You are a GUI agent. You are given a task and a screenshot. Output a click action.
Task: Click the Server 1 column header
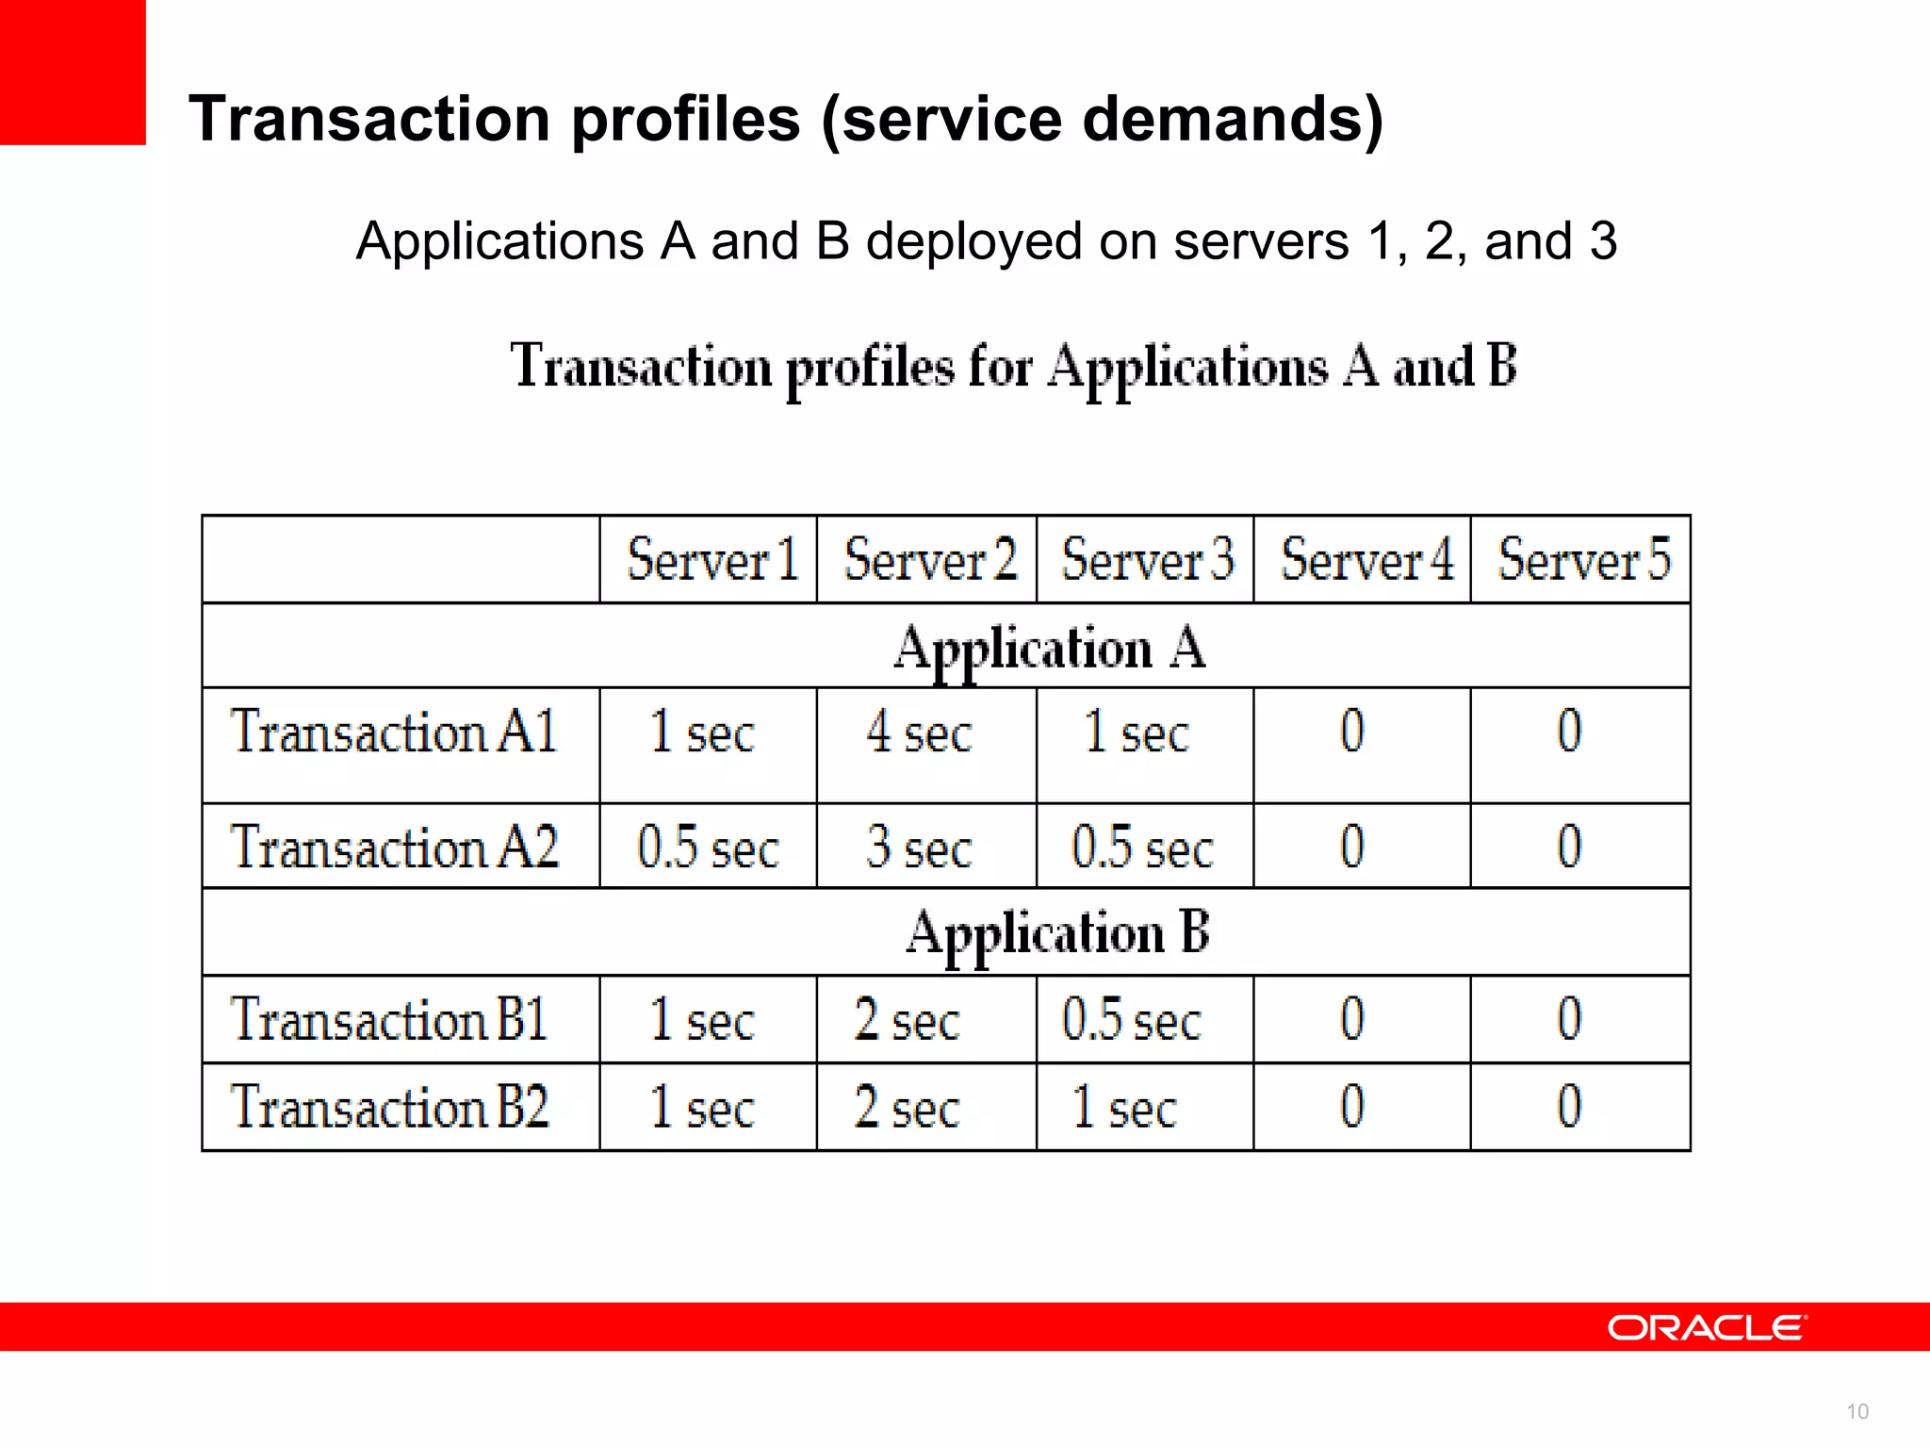pyautogui.click(x=712, y=559)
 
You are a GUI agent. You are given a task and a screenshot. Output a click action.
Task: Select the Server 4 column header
pyautogui.click(x=1366, y=559)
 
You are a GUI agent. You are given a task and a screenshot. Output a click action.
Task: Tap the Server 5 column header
pyautogui.click(x=1584, y=559)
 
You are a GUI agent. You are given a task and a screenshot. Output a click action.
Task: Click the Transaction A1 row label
pyautogui.click(x=394, y=732)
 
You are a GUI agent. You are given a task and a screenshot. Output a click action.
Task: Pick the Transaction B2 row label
pyautogui.click(x=389, y=1107)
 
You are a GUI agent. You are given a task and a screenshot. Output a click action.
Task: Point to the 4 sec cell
pyautogui.click(x=919, y=732)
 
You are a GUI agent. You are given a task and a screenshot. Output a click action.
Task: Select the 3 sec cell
pyautogui.click(x=919, y=847)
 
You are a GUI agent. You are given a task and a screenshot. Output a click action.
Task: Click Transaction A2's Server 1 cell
pyautogui.click(x=708, y=847)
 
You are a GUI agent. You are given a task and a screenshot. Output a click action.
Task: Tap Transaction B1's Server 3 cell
pyautogui.click(x=1131, y=1020)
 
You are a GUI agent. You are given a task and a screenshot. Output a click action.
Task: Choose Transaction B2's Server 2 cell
pyautogui.click(x=907, y=1107)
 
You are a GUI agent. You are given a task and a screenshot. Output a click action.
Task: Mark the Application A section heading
pyautogui.click(x=1049, y=649)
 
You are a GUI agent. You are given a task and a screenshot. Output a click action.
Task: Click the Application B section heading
pyautogui.click(x=1057, y=933)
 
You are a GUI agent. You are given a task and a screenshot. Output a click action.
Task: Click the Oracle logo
pyautogui.click(x=1707, y=1327)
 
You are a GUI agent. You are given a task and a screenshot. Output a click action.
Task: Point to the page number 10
pyautogui.click(x=1856, y=1411)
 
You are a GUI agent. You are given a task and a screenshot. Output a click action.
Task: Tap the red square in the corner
pyautogui.click(x=73, y=72)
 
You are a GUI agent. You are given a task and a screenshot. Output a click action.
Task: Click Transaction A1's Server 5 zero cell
pyautogui.click(x=1569, y=732)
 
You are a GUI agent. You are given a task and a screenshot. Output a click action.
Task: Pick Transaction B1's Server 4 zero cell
pyautogui.click(x=1352, y=1020)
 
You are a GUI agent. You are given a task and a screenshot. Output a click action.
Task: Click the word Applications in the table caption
pyautogui.click(x=1188, y=368)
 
